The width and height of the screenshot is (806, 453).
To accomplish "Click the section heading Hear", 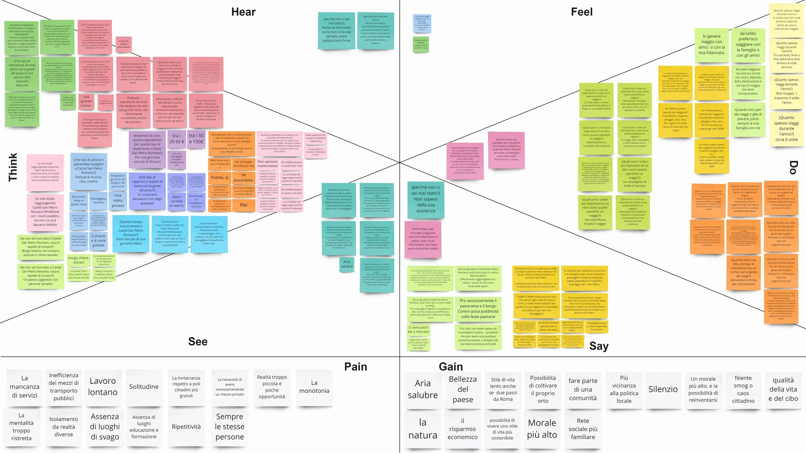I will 243,12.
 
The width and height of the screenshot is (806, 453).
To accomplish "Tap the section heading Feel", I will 582,12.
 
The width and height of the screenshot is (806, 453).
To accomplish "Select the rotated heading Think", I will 13,167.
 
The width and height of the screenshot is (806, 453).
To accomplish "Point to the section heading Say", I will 599,346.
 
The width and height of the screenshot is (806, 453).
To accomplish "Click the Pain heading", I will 356,367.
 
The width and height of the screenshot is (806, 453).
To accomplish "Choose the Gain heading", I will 451,367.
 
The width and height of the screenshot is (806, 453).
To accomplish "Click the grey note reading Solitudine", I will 144,387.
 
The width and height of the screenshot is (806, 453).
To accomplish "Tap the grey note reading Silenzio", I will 663,389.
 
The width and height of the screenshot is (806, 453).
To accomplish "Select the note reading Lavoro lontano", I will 103,386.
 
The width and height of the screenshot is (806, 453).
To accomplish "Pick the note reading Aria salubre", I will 423,389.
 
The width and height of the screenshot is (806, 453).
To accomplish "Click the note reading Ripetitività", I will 186,427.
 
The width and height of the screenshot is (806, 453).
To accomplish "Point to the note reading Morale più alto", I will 542,429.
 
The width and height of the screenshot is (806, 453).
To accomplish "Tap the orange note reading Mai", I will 244,205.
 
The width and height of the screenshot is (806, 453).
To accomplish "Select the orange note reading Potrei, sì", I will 220,178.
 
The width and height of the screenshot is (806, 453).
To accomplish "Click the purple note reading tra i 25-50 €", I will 177,139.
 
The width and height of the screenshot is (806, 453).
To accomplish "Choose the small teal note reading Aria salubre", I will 347,264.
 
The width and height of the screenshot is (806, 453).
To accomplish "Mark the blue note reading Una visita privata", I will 118,200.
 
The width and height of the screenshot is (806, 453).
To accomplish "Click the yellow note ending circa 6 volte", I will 786,129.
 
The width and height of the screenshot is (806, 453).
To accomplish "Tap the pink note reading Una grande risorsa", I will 86,101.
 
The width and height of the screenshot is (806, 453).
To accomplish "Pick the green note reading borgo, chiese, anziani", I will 79,260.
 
